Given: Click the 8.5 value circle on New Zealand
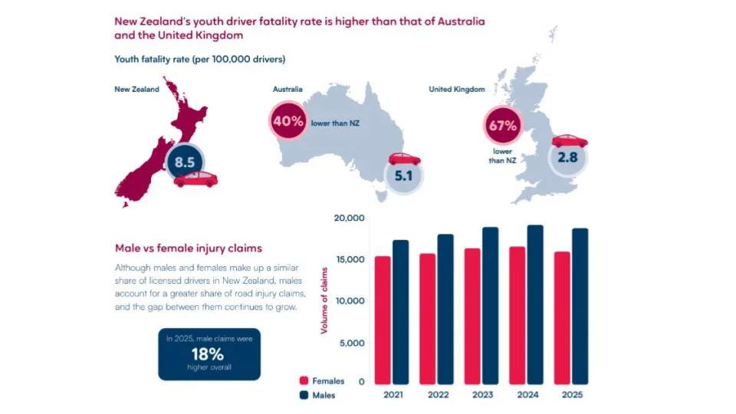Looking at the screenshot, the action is (185, 162).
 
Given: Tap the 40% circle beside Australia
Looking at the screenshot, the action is (287, 121).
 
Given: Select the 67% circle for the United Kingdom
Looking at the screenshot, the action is (502, 125).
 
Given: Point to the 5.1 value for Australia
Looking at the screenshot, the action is (403, 176).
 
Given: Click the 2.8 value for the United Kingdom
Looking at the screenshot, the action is (567, 157).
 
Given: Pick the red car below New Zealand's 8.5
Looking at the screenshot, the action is (195, 179).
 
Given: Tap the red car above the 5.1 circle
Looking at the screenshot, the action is (404, 159).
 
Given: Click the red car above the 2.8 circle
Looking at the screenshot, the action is (570, 141).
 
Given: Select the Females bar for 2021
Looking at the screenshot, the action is (383, 320).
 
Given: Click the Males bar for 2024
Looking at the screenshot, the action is (535, 304).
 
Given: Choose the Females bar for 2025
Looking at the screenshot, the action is (562, 318).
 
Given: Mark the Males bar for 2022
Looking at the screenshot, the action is (445, 309).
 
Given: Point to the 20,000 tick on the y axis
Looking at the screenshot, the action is (350, 218).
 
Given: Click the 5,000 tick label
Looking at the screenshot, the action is (352, 343).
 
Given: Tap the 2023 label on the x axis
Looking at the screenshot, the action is (482, 395).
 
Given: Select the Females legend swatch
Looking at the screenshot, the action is (304, 381).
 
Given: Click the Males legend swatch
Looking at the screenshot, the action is (304, 396).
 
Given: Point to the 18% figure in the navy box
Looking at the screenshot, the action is (208, 354).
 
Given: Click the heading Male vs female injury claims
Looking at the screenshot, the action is (189, 248).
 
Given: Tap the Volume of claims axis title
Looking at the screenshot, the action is (324, 301).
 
